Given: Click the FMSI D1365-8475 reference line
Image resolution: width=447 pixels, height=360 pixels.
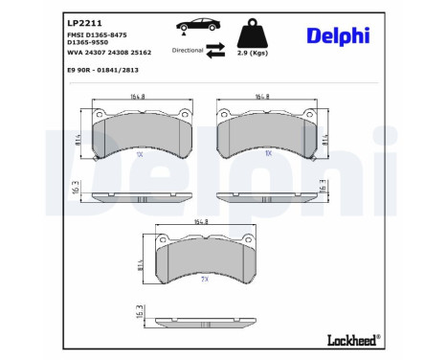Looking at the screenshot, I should tap(97, 35).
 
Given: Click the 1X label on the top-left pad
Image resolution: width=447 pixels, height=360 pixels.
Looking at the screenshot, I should tap(139, 153).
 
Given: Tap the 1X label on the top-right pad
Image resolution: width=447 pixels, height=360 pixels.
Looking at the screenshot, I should tap(269, 153).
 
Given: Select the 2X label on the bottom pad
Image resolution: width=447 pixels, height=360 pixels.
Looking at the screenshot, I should tap(204, 280).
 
